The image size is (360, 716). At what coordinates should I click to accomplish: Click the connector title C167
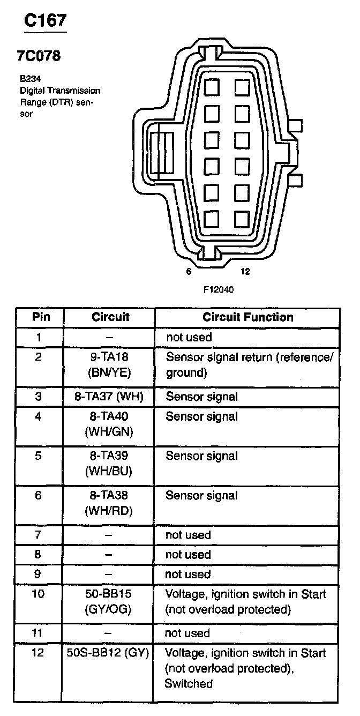coord(46,21)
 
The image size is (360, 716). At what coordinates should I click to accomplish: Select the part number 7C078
coord(39,56)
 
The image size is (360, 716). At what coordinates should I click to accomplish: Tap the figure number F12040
coord(219,289)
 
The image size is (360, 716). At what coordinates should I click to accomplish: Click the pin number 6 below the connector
coord(189,272)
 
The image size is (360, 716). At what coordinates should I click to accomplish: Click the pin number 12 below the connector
coord(245,272)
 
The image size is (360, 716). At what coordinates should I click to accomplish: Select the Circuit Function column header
coord(247,317)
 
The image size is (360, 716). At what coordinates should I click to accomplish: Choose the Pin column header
coord(41,317)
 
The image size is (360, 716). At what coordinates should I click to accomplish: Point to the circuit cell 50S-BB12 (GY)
coord(109,653)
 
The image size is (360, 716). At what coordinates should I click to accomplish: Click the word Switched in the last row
coord(189,683)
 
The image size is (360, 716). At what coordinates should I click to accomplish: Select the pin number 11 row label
coord(38,633)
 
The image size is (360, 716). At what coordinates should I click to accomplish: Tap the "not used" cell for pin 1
coord(189,338)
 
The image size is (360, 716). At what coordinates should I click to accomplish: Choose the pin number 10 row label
coord(38,594)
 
